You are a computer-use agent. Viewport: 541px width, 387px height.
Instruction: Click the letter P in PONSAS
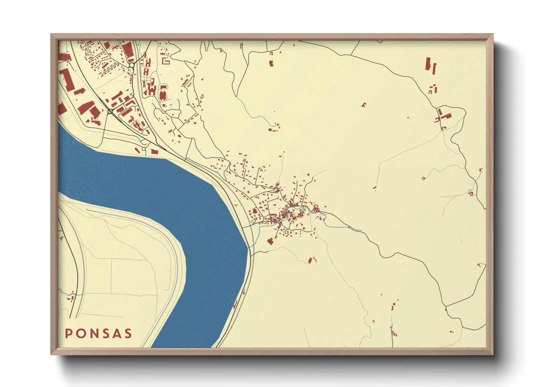pos(68,334)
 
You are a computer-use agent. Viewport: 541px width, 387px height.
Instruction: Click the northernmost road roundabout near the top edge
pos(131,65)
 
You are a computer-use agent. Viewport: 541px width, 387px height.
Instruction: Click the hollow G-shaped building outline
pos(166,61)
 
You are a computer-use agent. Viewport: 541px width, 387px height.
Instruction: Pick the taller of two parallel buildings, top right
pos(428,64)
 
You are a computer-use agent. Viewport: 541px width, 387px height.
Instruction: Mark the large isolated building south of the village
pos(270,241)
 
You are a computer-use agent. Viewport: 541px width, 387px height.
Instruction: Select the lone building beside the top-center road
pos(271,64)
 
